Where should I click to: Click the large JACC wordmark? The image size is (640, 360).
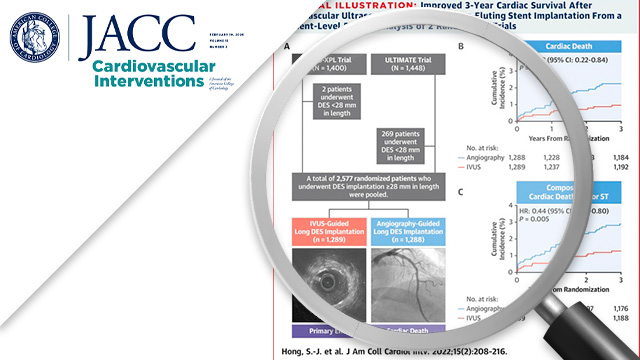139,35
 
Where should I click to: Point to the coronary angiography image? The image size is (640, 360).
410,283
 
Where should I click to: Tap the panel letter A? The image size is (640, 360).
287,47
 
